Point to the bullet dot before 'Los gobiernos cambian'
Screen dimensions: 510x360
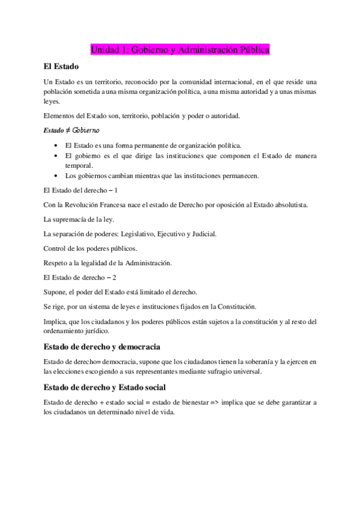[x=56, y=176]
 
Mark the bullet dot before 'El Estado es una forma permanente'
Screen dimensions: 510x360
[x=56, y=146]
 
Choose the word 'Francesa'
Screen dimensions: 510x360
[x=121, y=204]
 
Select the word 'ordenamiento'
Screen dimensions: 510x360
[x=66, y=330]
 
